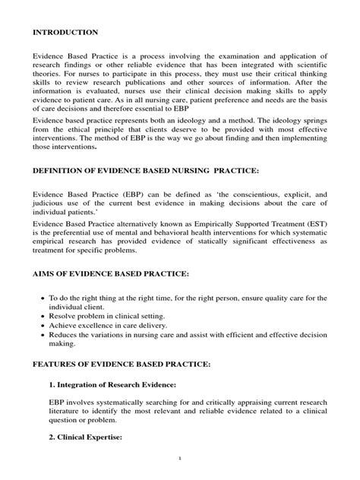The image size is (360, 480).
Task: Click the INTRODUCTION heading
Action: (x=65, y=33)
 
